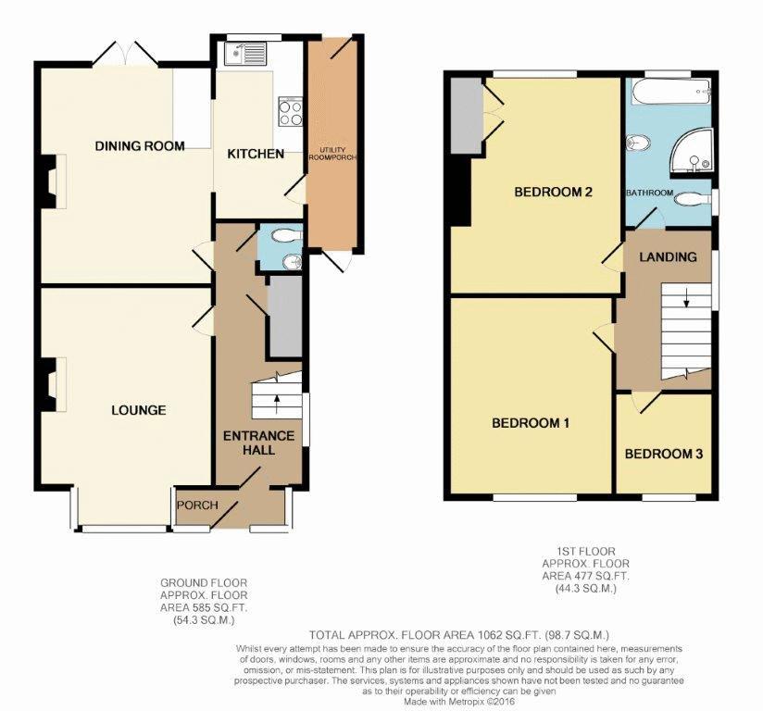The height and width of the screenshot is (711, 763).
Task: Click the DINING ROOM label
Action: (x=140, y=145)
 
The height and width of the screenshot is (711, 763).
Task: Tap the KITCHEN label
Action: (x=256, y=154)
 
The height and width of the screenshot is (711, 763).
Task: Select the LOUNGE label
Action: (x=139, y=410)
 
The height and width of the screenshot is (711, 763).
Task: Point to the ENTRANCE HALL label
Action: (x=259, y=443)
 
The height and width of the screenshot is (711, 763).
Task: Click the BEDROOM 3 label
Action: (x=664, y=454)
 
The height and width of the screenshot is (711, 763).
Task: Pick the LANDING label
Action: (x=668, y=256)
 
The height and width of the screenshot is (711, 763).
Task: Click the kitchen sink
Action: (x=244, y=54)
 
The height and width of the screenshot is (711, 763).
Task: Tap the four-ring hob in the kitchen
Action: (x=290, y=112)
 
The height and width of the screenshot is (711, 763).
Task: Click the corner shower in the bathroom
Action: (x=693, y=151)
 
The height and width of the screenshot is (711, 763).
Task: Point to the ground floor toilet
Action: (x=287, y=236)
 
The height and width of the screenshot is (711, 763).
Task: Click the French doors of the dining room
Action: (x=125, y=53)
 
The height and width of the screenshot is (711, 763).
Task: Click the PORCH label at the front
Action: (x=197, y=505)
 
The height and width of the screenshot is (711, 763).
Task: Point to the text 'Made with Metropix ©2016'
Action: (x=459, y=702)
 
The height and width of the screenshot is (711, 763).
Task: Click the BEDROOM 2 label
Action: (x=554, y=192)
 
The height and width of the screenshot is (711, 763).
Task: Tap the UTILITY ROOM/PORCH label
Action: (x=332, y=154)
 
